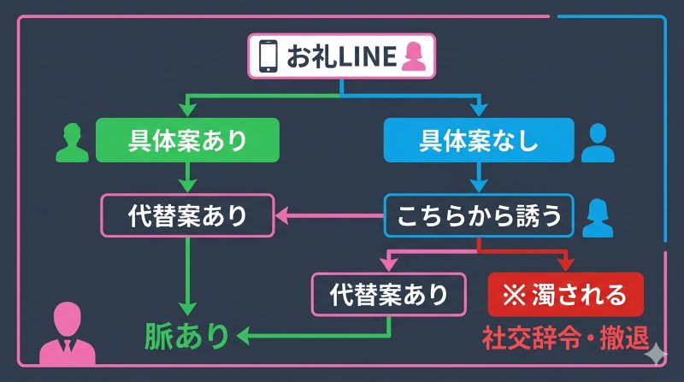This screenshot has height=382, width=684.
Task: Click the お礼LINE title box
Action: pyautogui.click(x=342, y=56)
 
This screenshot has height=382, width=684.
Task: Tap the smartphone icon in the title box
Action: pyautogui.click(x=268, y=56)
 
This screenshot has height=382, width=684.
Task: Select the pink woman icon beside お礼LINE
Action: pyautogui.click(x=414, y=56)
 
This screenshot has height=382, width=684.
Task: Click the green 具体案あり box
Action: pyautogui.click(x=188, y=140)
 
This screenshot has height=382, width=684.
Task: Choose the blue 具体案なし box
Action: pyautogui.click(x=479, y=140)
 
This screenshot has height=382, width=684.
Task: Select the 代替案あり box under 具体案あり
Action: pyautogui.click(x=188, y=215)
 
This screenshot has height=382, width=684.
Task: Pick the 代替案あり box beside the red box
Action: pyautogui.click(x=390, y=294)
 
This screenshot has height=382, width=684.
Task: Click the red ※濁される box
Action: pyautogui.click(x=566, y=294)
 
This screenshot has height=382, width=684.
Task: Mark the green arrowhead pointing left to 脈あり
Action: pyautogui.click(x=243, y=336)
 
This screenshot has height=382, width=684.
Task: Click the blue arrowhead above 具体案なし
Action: pyautogui.click(x=479, y=109)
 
